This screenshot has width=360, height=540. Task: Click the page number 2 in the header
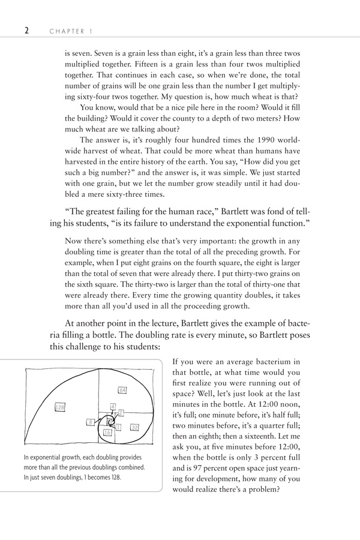(x=27, y=29)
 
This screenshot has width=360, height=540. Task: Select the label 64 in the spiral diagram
(x=122, y=391)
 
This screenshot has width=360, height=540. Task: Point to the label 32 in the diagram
(x=134, y=427)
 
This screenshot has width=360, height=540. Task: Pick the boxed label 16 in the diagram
(x=108, y=433)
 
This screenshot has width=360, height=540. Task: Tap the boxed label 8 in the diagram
(x=90, y=422)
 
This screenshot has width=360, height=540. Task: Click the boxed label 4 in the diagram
(x=113, y=406)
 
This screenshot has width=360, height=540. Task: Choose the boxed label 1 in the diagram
(x=118, y=427)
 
